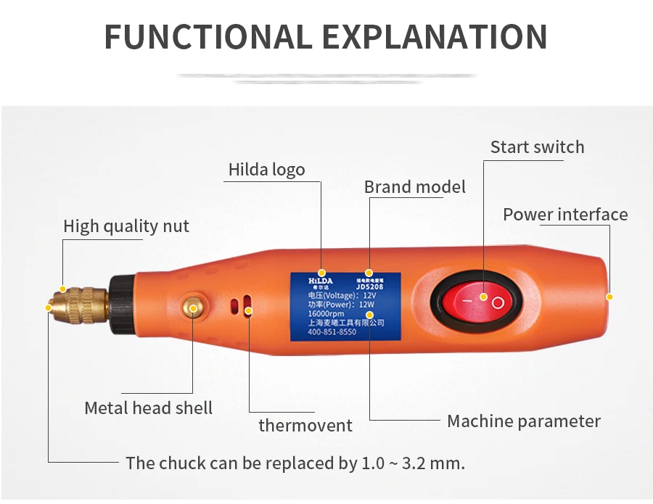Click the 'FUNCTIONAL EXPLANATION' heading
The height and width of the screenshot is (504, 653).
click(x=326, y=37)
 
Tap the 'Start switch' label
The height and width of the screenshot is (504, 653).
click(x=537, y=147)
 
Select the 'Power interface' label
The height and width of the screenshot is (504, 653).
click(x=565, y=215)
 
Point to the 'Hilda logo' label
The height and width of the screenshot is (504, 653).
click(x=266, y=170)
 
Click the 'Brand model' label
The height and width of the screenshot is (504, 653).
click(x=414, y=187)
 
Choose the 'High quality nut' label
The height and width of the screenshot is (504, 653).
click(x=126, y=226)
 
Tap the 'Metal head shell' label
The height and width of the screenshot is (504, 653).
click(x=149, y=408)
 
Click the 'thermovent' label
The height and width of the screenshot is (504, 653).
click(x=305, y=426)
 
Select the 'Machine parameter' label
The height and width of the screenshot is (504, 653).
click(x=524, y=421)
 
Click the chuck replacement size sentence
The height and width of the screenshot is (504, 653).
click(x=295, y=463)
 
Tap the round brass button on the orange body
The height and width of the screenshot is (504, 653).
click(x=193, y=307)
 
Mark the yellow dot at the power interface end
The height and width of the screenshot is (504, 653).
click(x=609, y=297)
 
